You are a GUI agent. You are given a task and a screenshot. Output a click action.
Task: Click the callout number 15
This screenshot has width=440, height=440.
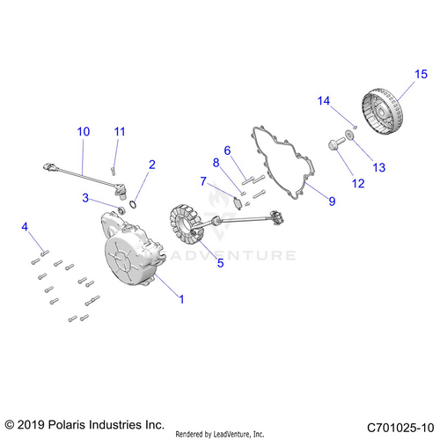(x=421, y=74)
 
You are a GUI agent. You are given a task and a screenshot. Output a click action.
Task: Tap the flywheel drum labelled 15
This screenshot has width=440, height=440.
(x=382, y=112)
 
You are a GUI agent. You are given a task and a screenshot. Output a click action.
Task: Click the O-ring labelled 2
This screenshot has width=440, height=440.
(x=133, y=204)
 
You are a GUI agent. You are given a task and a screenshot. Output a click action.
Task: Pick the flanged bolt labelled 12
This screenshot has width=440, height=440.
(x=336, y=143)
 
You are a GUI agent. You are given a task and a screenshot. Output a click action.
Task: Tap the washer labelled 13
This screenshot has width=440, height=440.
(x=349, y=136)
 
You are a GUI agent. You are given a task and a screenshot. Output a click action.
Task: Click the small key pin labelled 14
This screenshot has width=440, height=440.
(x=355, y=127)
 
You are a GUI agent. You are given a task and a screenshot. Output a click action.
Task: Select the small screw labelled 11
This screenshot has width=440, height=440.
(x=113, y=171)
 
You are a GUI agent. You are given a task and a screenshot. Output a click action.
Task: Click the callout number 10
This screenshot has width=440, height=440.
(x=84, y=132)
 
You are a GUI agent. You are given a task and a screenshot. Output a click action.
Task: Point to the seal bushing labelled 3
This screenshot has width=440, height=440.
(x=121, y=210)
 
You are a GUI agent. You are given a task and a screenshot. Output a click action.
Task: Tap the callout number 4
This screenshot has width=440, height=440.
(x=25, y=227)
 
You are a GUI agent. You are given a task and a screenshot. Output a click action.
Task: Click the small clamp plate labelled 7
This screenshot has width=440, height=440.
(x=238, y=203)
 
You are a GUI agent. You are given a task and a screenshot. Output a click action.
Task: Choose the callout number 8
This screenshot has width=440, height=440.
(x=216, y=162)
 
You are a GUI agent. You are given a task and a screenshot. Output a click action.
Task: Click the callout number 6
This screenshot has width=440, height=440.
(x=227, y=150)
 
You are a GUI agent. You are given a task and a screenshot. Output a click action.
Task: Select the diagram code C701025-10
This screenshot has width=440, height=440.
(x=400, y=428)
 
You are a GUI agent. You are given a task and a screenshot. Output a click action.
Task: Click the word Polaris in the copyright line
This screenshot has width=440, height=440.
(x=67, y=425)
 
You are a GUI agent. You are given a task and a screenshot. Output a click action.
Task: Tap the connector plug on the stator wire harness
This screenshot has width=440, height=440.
(x=276, y=217)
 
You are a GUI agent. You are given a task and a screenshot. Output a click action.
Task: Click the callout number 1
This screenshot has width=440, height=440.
(x=181, y=299)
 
